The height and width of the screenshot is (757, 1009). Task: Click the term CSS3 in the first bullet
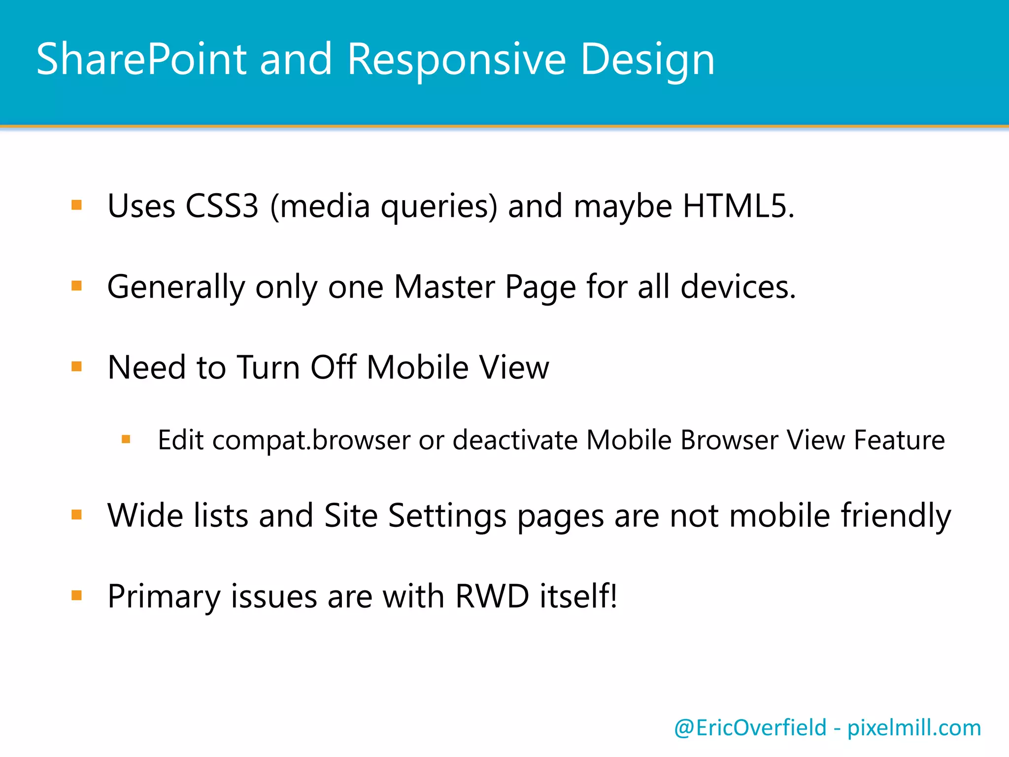click(222, 206)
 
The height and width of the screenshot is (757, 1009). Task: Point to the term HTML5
click(738, 206)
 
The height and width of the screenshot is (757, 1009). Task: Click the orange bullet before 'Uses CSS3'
click(76, 205)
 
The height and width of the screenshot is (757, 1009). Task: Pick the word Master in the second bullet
click(444, 287)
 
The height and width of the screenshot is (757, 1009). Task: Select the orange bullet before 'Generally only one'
click(76, 286)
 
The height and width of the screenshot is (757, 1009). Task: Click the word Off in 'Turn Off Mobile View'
click(334, 368)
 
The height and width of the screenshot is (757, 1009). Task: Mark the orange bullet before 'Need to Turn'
click(76, 367)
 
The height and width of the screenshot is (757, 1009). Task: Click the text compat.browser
click(311, 440)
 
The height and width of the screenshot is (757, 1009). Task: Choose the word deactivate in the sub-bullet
click(514, 440)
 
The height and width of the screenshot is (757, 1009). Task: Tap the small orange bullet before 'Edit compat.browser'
click(126, 439)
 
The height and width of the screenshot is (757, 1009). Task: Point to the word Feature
click(899, 440)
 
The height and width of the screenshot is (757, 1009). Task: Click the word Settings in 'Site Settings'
click(447, 516)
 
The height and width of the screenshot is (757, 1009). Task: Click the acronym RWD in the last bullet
click(492, 596)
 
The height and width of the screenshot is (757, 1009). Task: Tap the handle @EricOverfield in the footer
click(750, 728)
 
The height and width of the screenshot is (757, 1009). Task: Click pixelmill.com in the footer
click(914, 728)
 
